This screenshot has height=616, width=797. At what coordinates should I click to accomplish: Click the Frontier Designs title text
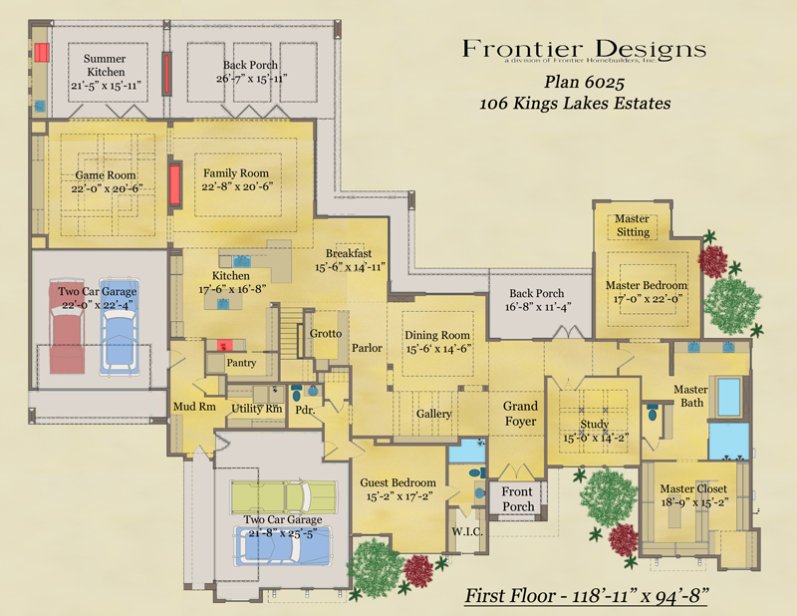click(x=585, y=49)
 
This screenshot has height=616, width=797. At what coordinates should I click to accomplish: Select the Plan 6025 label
click(x=586, y=83)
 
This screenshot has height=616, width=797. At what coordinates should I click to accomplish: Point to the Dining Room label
click(x=437, y=342)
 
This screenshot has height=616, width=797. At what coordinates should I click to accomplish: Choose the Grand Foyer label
click(x=520, y=414)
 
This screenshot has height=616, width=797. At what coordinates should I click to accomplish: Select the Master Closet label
click(x=693, y=496)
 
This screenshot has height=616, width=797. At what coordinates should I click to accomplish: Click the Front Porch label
click(x=517, y=498)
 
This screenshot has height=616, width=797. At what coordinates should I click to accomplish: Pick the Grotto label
click(x=325, y=334)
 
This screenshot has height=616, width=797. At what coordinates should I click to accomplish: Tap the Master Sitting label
click(x=633, y=225)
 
